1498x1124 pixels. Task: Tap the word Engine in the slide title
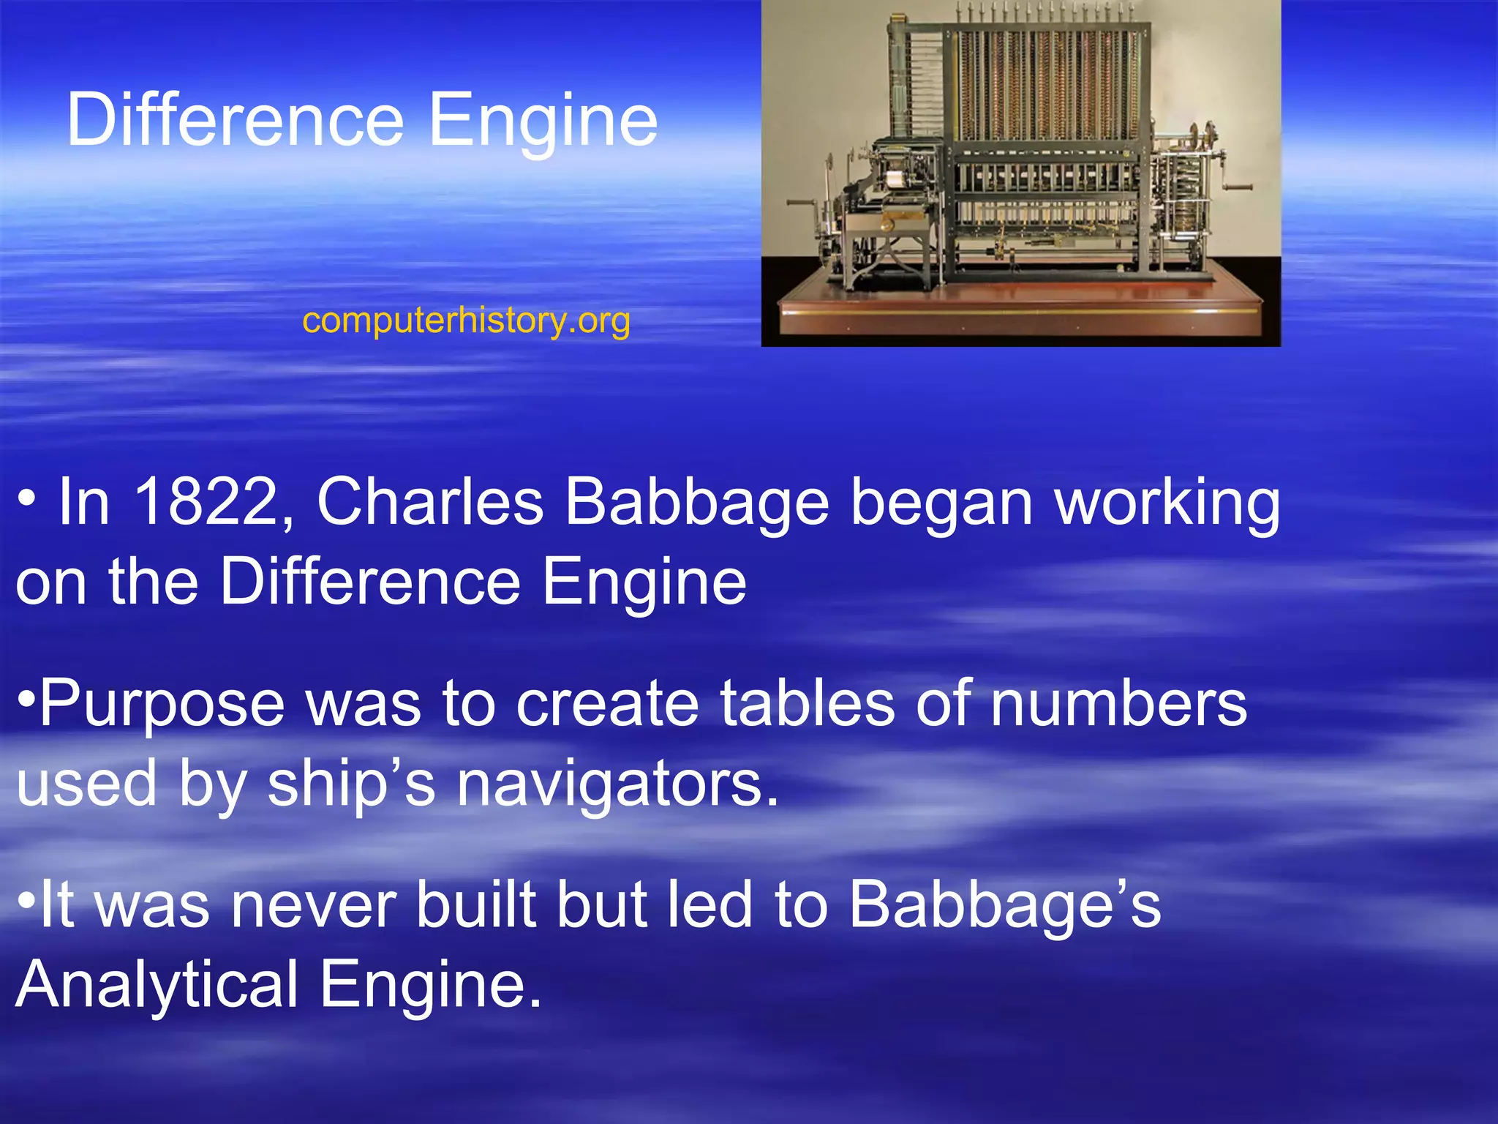coord(543,121)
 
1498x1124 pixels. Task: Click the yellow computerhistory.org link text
coord(466,321)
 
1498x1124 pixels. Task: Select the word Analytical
coord(157,984)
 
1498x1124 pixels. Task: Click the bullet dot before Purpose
coord(26,696)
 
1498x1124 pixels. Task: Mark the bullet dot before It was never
coord(26,898)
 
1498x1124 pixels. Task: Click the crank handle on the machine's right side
coord(1235,188)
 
